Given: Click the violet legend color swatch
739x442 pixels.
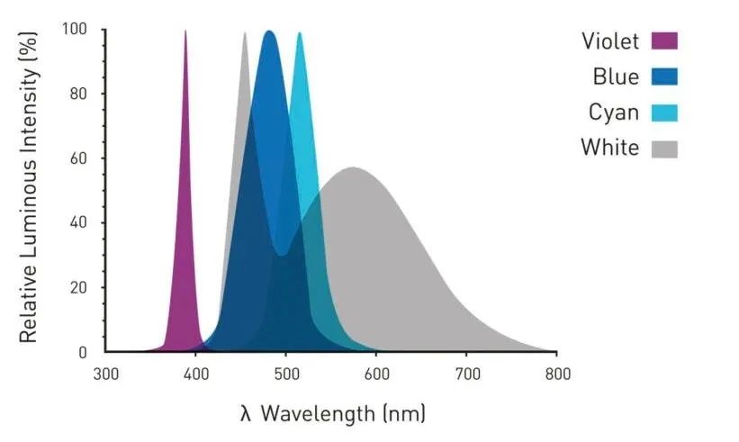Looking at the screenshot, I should coord(664,41).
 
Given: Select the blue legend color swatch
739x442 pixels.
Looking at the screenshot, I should coord(664,77).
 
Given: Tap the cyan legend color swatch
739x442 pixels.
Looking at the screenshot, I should coord(664,113).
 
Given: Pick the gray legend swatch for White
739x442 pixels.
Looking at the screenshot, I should coord(664,148).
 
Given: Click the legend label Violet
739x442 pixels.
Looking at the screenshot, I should coord(610,41).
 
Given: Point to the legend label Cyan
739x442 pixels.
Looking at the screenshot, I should coord(614,113).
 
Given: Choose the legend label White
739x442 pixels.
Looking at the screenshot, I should coord(609,148).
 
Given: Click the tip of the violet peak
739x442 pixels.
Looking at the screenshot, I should coord(185,32).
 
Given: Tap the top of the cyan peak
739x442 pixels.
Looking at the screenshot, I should coord(300,33).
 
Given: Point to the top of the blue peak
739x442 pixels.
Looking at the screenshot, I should coord(269,32).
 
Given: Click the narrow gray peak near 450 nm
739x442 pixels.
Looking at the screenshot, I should coord(244,34).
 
